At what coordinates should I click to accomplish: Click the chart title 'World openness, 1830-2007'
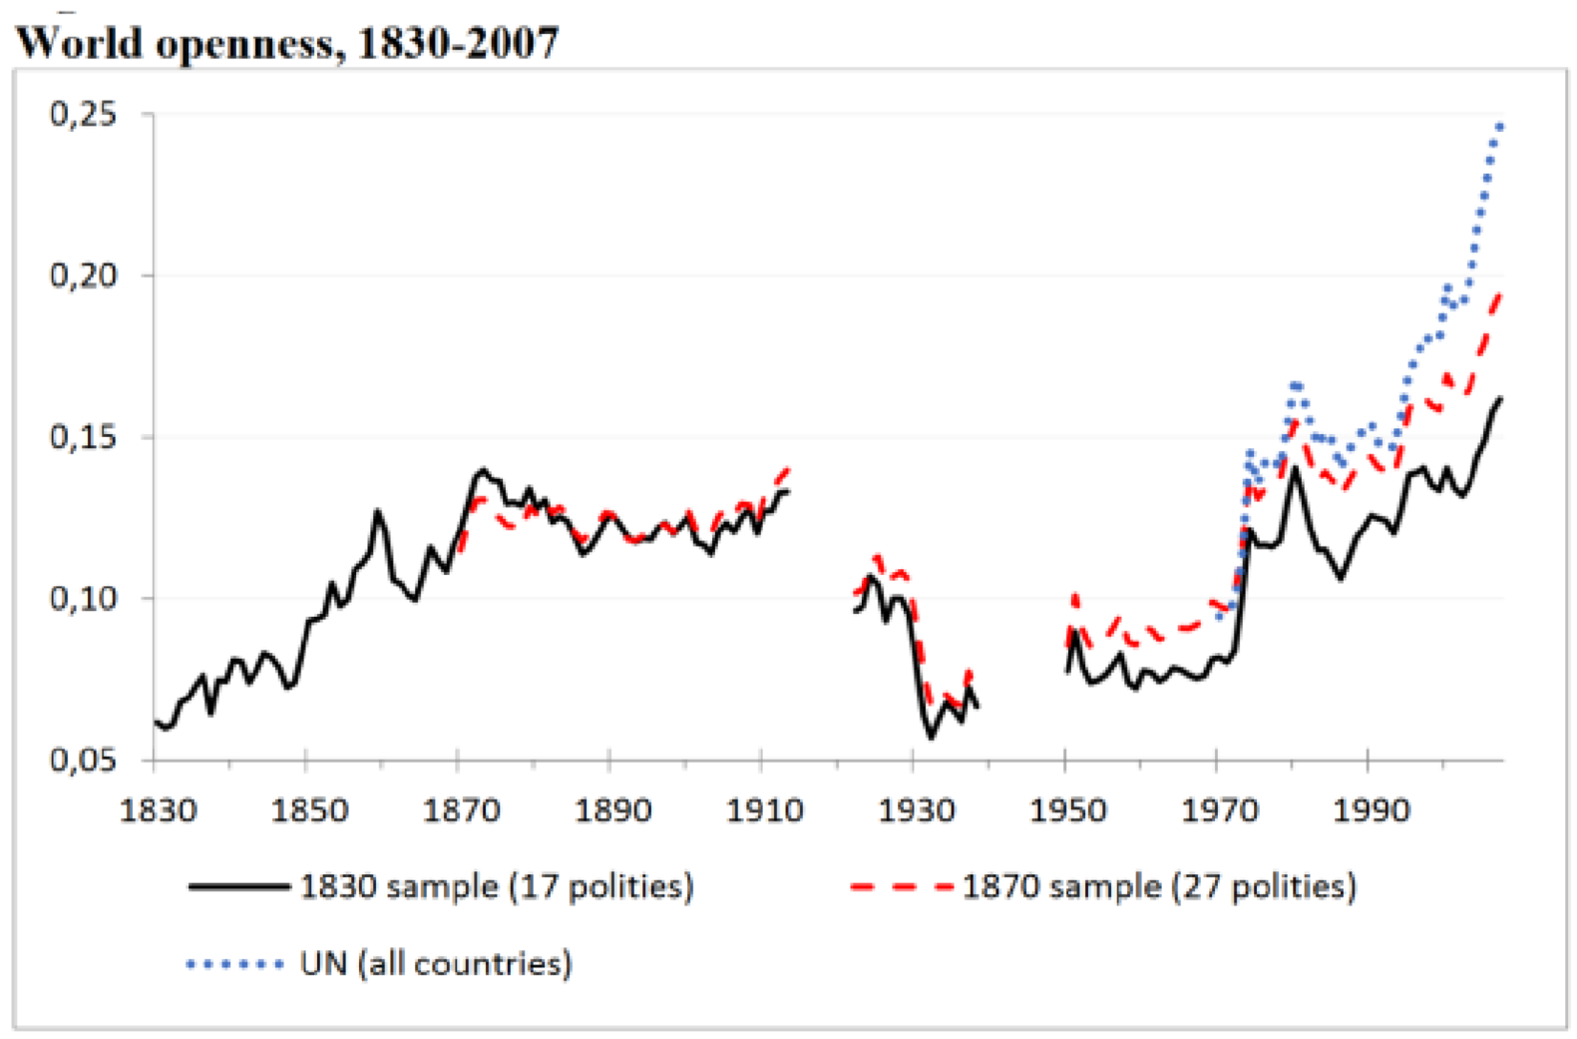[x=287, y=43]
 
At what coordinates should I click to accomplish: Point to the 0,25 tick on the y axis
[x=83, y=114]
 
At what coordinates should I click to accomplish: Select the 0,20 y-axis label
[x=83, y=275]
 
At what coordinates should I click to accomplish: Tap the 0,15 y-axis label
[x=83, y=437]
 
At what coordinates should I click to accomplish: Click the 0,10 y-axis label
[x=83, y=599]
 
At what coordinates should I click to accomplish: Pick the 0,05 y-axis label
[x=83, y=761]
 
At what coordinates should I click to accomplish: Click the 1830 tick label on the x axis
[x=158, y=809]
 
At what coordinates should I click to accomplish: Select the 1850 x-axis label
[x=309, y=809]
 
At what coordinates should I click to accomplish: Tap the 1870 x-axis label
[x=461, y=809]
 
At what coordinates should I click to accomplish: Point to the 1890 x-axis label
[x=612, y=809]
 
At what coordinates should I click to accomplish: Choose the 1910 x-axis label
[x=764, y=809]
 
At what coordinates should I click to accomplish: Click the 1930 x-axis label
[x=916, y=809]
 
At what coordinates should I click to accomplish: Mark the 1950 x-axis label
[x=1067, y=809]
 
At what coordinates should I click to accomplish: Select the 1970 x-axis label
[x=1219, y=809]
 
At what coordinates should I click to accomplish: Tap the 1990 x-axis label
[x=1371, y=809]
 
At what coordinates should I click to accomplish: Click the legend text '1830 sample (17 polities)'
[x=496, y=886]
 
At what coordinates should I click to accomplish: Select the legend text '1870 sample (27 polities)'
[x=1159, y=886]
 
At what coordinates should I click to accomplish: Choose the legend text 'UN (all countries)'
[x=436, y=964]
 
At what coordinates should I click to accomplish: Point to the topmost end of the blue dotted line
[x=1500, y=126]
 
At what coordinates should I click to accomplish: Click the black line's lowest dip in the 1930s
[x=932, y=738]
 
